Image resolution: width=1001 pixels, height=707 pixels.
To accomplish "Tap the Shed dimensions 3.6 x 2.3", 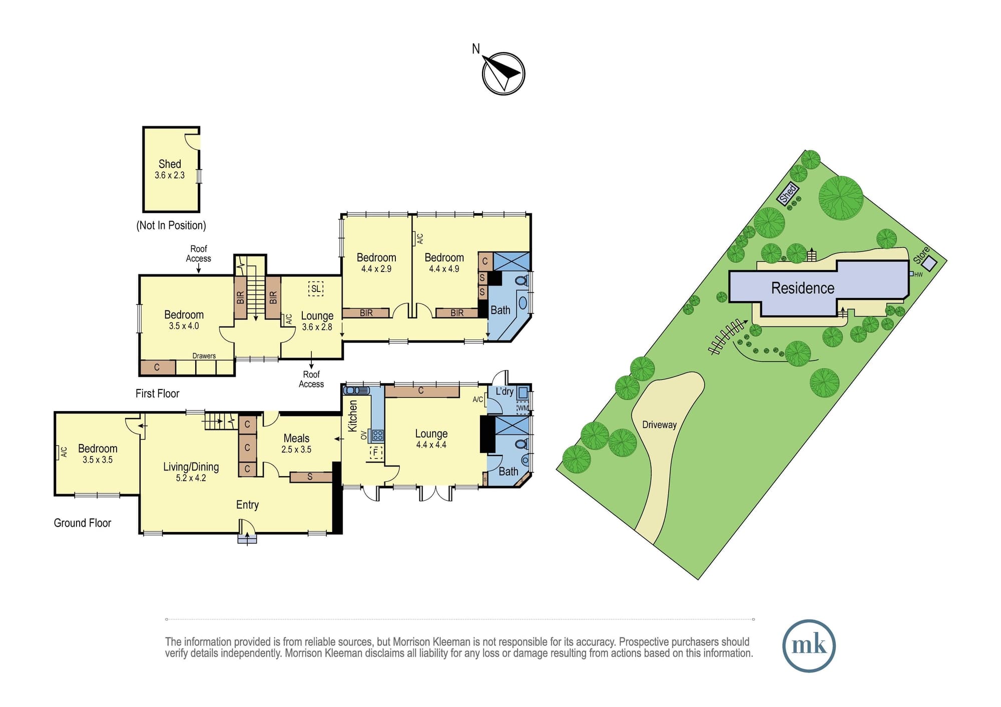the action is pos(170,175).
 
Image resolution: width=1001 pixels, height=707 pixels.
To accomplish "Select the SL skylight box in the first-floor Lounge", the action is pos(316,288).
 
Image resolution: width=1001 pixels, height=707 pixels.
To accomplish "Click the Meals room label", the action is pos(296,438).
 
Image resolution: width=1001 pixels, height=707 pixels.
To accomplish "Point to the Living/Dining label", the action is pos(191,467).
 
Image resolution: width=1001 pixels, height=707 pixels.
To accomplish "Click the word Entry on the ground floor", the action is pos(247,505).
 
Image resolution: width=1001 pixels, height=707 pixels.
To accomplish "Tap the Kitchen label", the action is pos(353,416).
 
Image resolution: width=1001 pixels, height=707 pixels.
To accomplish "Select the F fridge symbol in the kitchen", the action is pos(375,453).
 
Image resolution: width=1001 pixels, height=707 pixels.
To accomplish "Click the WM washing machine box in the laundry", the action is pos(523,408).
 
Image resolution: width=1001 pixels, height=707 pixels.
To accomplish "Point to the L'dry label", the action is pos(505,391).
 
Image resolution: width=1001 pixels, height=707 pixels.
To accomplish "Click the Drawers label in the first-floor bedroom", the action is pos(204,356).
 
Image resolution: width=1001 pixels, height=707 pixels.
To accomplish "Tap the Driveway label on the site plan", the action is pos(659,425).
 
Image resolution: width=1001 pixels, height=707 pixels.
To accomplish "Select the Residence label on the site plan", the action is pos(803,288).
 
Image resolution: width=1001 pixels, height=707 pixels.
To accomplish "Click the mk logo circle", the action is pos(809,645).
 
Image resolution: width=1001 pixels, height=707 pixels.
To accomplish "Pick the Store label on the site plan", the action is pos(921,255).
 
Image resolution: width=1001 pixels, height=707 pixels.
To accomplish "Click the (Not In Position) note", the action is pos(171,225).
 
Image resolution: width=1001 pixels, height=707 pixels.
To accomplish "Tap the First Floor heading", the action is pos(157,393).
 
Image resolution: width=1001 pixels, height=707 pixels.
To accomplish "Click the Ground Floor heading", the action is pos(83,523).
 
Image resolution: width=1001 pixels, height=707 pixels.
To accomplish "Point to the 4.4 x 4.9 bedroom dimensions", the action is pos(444,269).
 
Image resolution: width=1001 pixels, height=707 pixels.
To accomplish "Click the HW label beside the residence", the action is pos(918,274).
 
